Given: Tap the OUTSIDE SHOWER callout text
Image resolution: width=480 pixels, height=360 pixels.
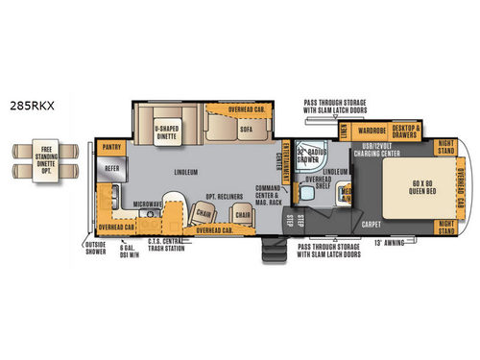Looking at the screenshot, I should (x=94, y=254).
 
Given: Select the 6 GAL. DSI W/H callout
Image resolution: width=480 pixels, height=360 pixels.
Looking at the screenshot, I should (x=132, y=254).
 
